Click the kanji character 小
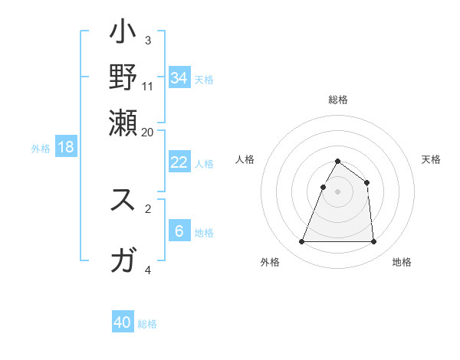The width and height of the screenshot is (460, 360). [123, 34]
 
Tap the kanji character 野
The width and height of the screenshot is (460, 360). [123, 76]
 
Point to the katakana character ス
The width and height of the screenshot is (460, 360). [123, 200]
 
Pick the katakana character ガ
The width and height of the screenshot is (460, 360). [123, 261]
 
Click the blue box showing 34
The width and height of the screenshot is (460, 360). [179, 77]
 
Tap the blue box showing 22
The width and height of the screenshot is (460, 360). [179, 162]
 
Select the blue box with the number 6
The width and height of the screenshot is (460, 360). [179, 231]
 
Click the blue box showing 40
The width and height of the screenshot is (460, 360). [123, 322]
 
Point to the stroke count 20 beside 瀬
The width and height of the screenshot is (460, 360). [147, 132]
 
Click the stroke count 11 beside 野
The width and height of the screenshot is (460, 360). [148, 87]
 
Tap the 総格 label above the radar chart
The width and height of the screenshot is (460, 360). [337, 100]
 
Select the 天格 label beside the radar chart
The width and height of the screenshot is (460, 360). [432, 159]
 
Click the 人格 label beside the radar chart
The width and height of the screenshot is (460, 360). [245, 159]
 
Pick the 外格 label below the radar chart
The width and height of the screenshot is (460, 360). [270, 262]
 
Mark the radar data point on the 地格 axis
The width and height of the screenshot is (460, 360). [373, 242]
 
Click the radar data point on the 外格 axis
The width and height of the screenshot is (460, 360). [301, 242]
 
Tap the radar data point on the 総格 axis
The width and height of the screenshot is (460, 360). [337, 162]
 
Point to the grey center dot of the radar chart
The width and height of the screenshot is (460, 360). [337, 191]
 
